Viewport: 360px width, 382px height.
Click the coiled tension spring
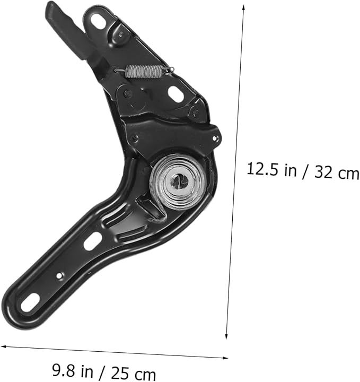(144, 72)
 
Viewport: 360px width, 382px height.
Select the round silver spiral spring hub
(178, 181)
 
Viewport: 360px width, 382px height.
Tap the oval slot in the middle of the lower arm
(92, 241)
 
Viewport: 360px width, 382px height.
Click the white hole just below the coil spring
(175, 93)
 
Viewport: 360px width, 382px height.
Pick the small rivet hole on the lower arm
(59, 275)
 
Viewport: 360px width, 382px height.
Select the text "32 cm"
(337, 172)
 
